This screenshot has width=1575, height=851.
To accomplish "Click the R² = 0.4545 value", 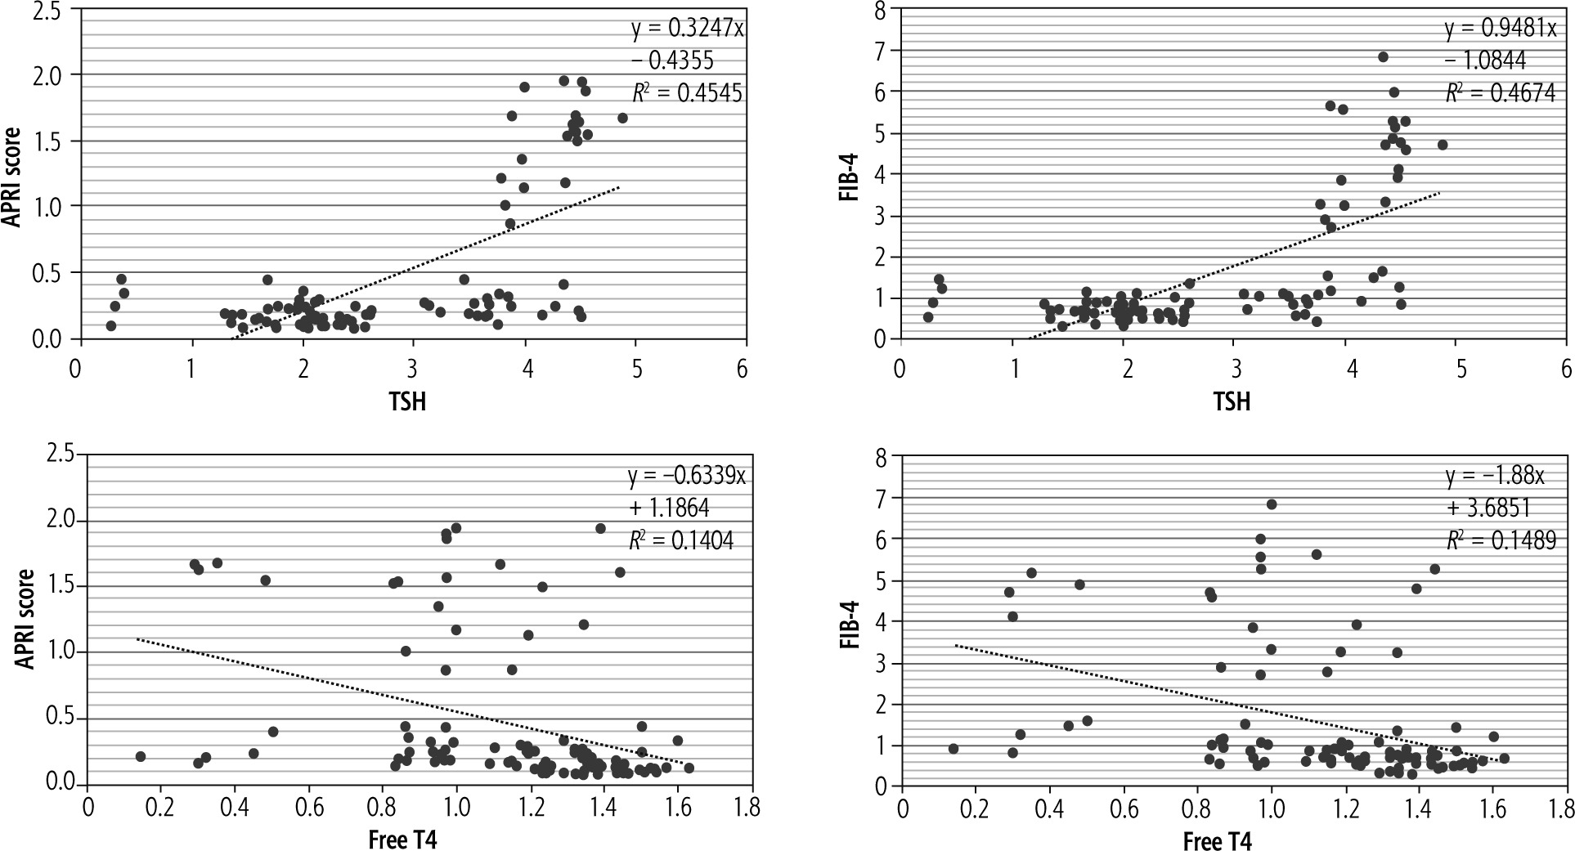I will [x=687, y=92].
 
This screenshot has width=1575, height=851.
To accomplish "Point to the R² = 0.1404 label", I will [x=681, y=540].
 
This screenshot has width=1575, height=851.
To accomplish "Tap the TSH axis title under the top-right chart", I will [x=1232, y=401].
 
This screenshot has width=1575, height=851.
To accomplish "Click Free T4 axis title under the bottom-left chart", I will [x=403, y=840].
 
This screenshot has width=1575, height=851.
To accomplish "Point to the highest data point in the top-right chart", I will [x=1383, y=56].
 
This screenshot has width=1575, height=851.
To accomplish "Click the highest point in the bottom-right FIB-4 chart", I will [x=1272, y=504].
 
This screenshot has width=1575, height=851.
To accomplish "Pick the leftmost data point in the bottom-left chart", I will [x=140, y=756].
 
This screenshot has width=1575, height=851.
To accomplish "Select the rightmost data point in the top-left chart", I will [x=622, y=118].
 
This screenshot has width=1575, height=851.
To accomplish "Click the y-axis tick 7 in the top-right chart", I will [x=881, y=50].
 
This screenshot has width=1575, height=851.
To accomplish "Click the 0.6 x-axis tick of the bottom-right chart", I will [x=1124, y=808].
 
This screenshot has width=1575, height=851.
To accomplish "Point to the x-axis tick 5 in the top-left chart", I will [x=635, y=369].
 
